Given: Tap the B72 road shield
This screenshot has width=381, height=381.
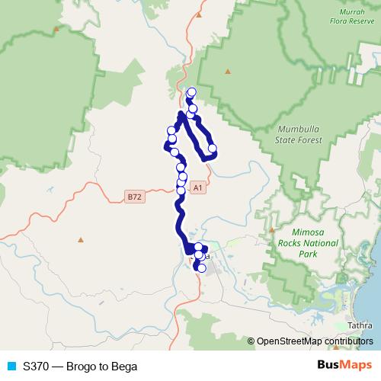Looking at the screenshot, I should pyautogui.click(x=134, y=197).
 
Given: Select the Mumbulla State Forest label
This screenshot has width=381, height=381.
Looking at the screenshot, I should pyautogui.click(x=299, y=135).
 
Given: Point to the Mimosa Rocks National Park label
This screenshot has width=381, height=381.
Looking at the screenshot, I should pyautogui.click(x=313, y=242).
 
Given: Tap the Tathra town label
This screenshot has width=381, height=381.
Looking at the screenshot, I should pyautogui.click(x=359, y=325).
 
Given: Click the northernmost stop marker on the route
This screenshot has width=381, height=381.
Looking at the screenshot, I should pyautogui.click(x=191, y=92).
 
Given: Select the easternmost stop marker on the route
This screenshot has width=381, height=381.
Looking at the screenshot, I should pyautogui.click(x=213, y=149).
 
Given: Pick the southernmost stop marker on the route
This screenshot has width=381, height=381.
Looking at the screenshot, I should pyautogui.click(x=201, y=267).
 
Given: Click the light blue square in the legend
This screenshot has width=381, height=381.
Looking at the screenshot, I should pyautogui.click(x=10, y=366).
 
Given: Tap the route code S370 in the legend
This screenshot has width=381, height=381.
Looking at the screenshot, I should pyautogui.click(x=37, y=366).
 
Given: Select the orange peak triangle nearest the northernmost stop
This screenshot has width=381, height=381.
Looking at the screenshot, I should pyautogui.click(x=227, y=72).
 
